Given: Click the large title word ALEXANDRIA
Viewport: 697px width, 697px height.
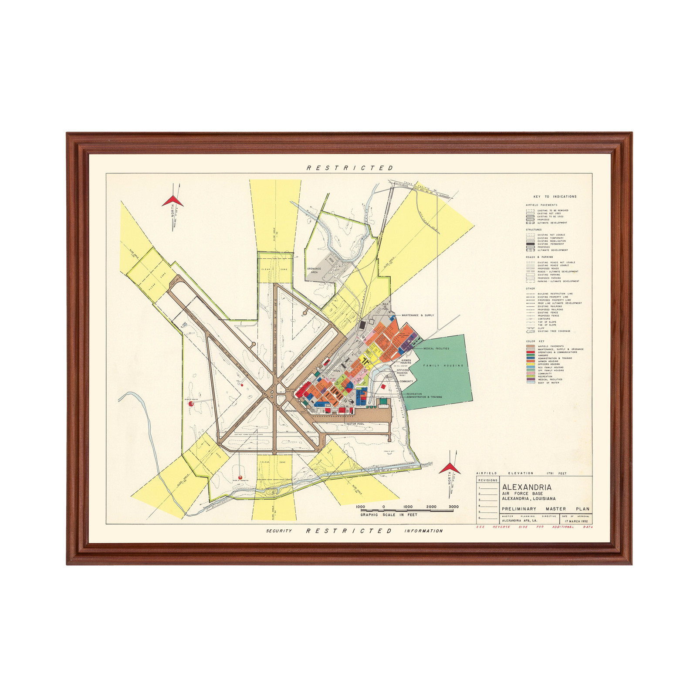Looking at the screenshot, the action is point(527,487).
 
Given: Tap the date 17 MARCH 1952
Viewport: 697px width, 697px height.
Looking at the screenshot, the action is point(576,521).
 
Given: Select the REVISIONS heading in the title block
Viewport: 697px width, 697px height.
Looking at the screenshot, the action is point(487,480).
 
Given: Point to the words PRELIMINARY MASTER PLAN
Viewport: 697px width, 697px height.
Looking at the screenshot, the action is point(545,509).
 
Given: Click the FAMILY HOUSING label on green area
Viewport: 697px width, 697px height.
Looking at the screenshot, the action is point(443,365).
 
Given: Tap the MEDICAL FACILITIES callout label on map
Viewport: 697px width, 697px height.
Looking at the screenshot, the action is point(436,348).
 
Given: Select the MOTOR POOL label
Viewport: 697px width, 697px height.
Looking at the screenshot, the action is point(355,424).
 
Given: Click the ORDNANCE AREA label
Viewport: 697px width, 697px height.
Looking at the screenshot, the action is point(314,271).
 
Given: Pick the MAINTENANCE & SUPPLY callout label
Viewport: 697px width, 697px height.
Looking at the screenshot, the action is point(417,315).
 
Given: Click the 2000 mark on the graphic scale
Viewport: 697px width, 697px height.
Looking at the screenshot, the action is point(431,507).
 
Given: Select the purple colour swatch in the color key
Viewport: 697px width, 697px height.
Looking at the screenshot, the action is point(530,379).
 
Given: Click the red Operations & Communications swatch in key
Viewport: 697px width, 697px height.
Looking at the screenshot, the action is point(530,352).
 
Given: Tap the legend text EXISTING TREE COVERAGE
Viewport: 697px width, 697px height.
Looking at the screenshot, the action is point(554,331).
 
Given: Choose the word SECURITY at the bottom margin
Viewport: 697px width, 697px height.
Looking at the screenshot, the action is point(279,531).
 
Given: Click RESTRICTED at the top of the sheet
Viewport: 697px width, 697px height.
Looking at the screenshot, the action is point(350,168).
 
